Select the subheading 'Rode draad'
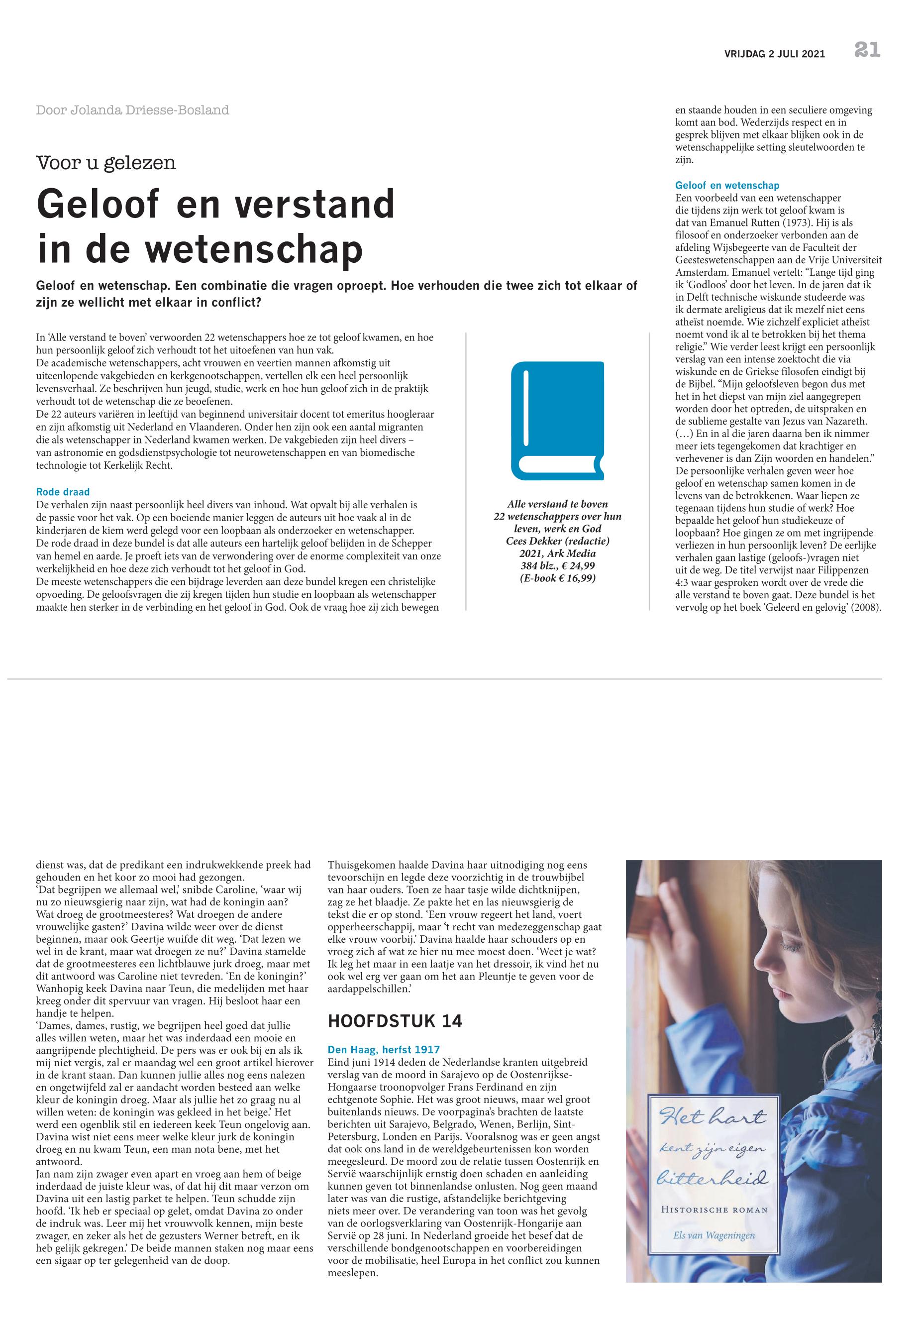click(63, 492)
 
